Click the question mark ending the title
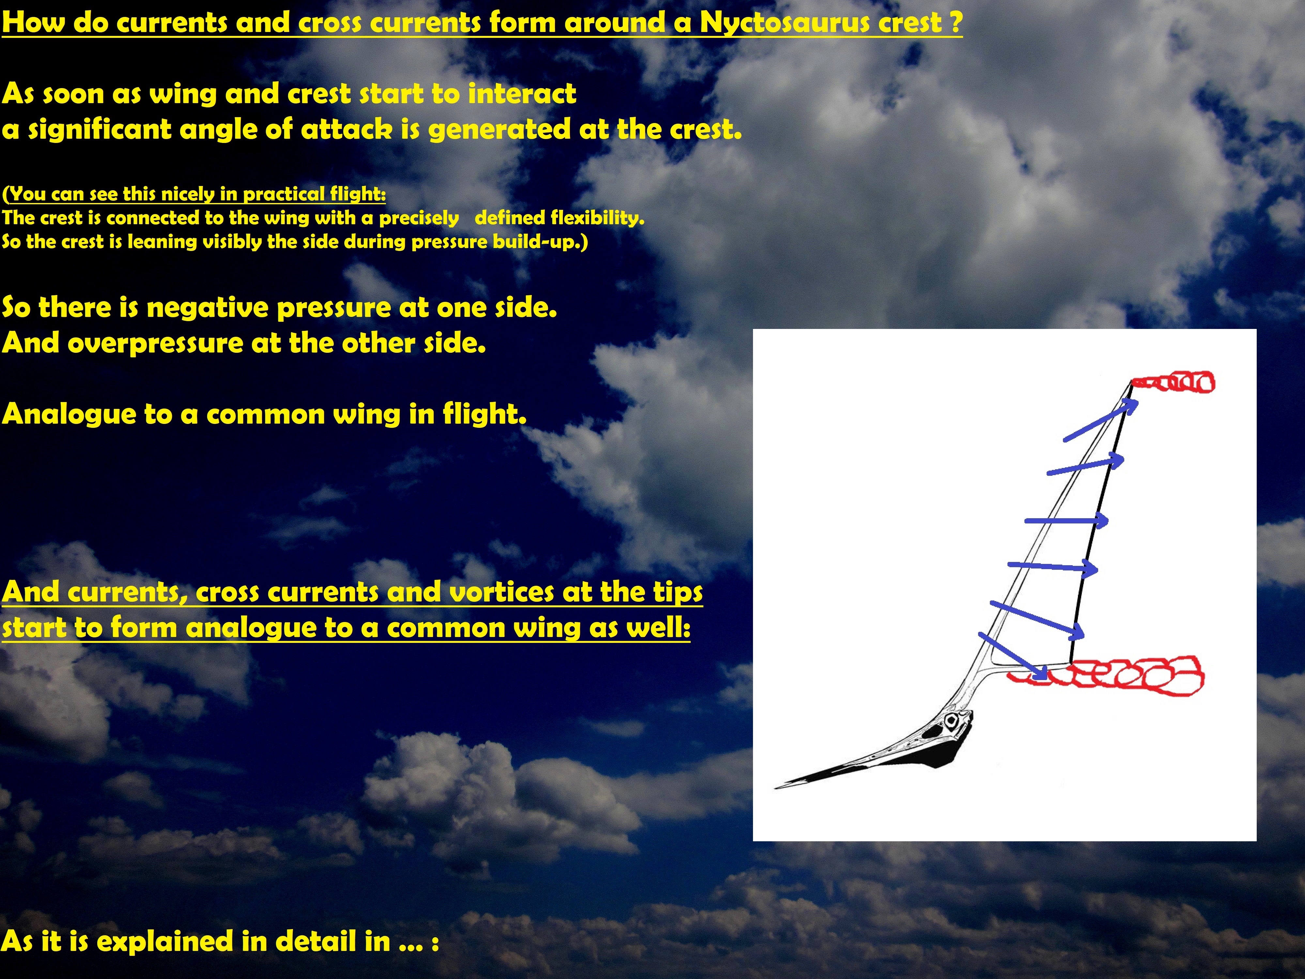click(955, 23)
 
